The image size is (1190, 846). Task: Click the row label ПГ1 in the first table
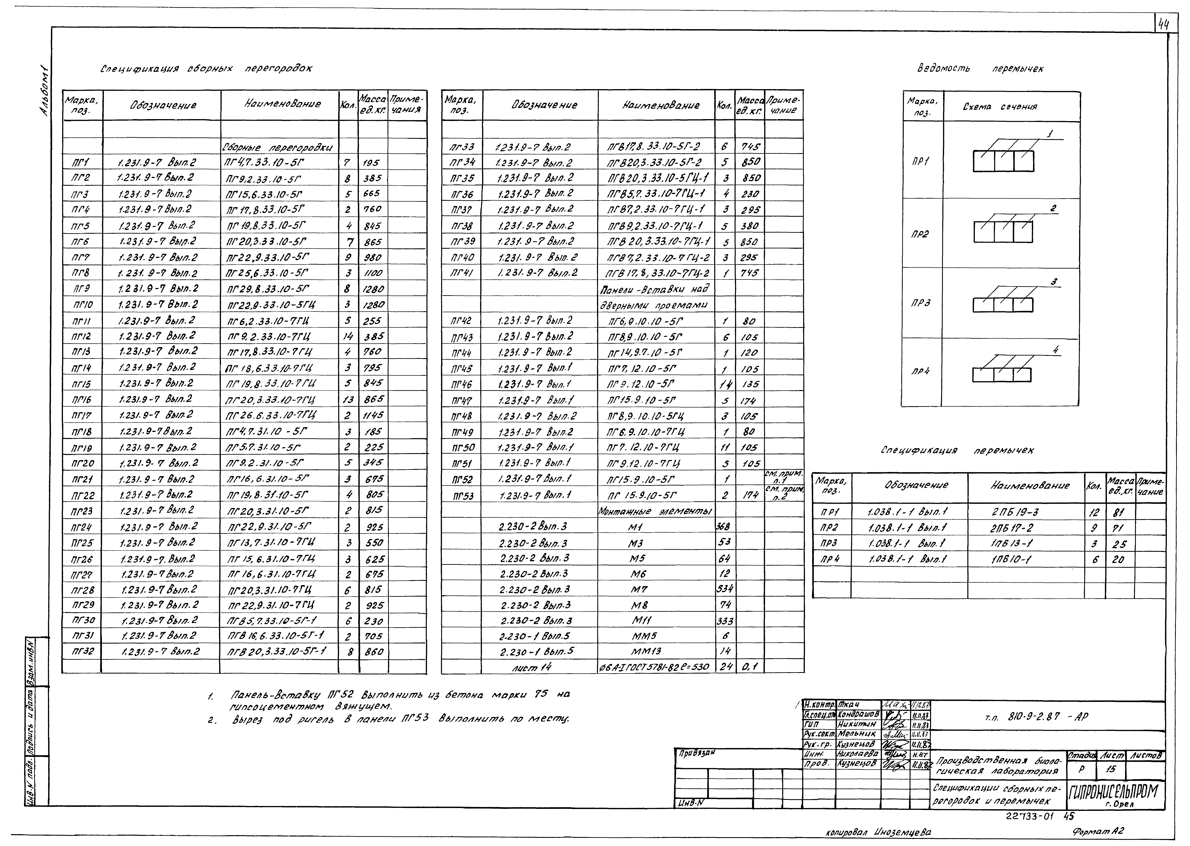(81, 163)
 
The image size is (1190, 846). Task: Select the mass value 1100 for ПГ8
(373, 273)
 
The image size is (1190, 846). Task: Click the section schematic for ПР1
(1003, 161)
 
